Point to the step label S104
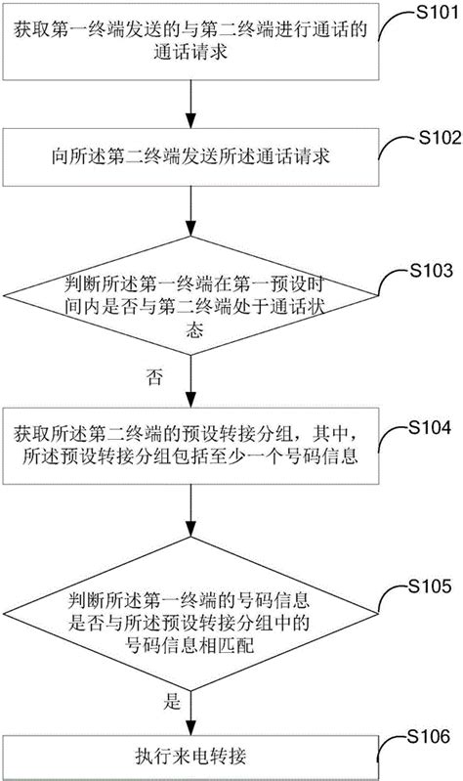click(x=432, y=426)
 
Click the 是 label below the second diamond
click(x=173, y=700)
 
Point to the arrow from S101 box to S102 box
click(x=187, y=105)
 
